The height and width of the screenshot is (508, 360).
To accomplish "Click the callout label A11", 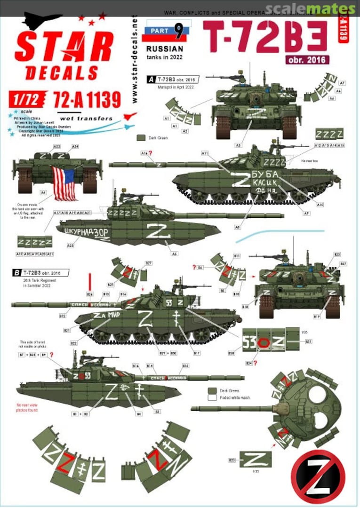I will pyautogui.click(x=204, y=153).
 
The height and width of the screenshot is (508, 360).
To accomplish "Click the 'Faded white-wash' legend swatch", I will pyautogui.click(x=212, y=397).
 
